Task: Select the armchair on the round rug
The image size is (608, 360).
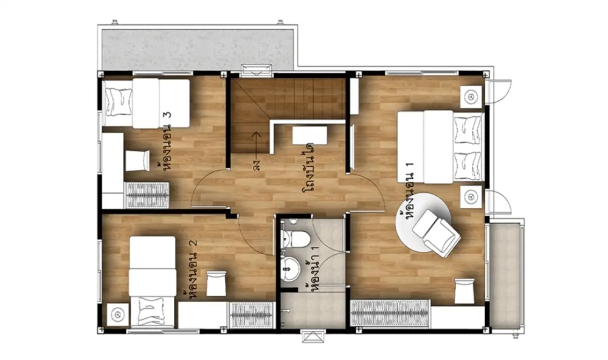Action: click(437, 233)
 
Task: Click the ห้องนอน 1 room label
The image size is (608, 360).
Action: click(409, 191)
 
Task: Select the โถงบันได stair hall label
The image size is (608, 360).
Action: click(309, 167)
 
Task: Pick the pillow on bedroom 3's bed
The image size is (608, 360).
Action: click(119, 102)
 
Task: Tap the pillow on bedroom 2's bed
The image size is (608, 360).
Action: click(151, 311)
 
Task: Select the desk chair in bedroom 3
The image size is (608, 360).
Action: click(137, 160)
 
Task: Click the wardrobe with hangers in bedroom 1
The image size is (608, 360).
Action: click(390, 313)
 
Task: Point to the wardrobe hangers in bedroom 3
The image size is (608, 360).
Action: click(147, 195)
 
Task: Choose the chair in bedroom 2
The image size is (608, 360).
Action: click(216, 283)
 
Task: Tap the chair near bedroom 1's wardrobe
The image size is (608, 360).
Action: click(464, 290)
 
